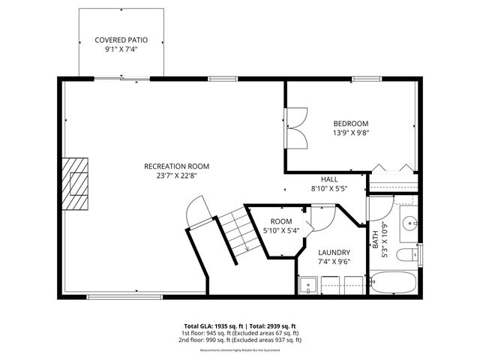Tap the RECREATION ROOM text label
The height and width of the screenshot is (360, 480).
click(176, 166)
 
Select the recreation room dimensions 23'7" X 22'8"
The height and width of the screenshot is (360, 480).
click(176, 176)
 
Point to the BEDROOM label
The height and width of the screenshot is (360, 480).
click(350, 123)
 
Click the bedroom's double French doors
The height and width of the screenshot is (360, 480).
click(295, 129)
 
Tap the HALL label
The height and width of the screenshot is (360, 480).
click(329, 180)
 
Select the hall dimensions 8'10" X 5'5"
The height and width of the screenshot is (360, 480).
click(329, 190)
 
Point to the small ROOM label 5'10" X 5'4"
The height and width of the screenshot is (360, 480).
click(280, 221)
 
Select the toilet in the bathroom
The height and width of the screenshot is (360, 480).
click(408, 255)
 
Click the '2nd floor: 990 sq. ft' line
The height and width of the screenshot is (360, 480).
click(240, 340)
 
